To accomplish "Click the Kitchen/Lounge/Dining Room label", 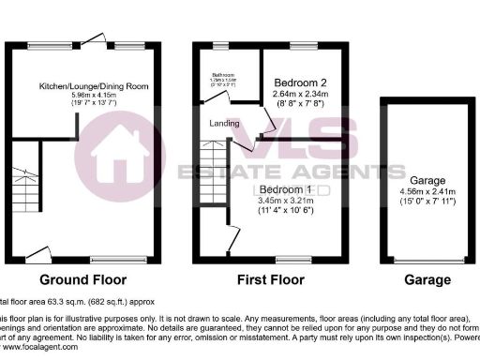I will point(94,86).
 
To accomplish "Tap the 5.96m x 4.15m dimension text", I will point(94,96).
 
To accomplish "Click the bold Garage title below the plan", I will point(427,279).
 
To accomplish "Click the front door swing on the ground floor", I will point(38,252).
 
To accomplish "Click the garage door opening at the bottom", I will point(427,261).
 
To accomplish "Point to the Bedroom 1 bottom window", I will point(291,258).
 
